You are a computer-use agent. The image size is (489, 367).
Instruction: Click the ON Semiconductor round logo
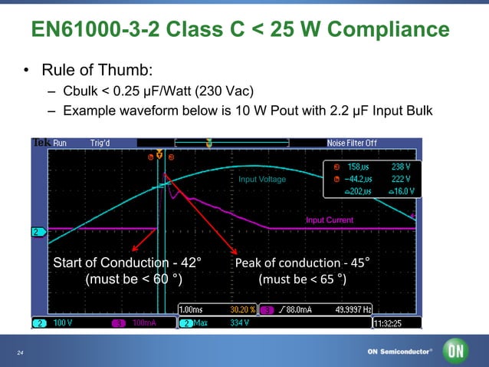457,351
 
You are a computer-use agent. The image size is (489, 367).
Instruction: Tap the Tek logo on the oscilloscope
41,143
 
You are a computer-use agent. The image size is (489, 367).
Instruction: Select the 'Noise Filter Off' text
352,143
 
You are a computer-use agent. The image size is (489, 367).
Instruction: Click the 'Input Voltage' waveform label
262,180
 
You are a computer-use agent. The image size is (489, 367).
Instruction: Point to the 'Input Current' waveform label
330,220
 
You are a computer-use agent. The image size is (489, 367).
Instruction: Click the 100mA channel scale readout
144,323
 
